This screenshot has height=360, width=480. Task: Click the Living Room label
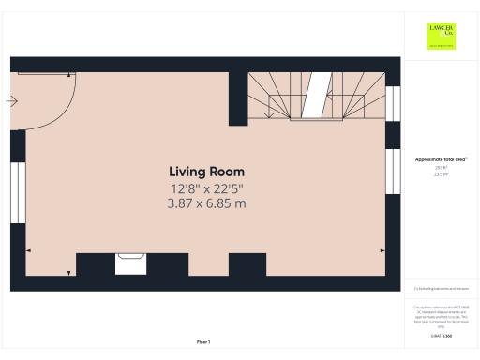point(206,172)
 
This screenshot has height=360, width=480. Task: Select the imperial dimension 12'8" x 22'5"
point(206,188)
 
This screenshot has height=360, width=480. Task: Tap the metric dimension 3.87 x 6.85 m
point(206,203)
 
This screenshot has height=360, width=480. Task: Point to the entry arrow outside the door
point(12,101)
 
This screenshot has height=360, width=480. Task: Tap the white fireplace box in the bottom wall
point(129,263)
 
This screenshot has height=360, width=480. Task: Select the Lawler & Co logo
point(440,35)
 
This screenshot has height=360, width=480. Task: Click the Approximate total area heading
point(440,159)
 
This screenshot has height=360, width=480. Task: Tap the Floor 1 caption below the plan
point(203,341)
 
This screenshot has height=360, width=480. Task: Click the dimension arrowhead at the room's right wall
point(382,251)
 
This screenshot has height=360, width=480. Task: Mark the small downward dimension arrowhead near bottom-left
point(69,272)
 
